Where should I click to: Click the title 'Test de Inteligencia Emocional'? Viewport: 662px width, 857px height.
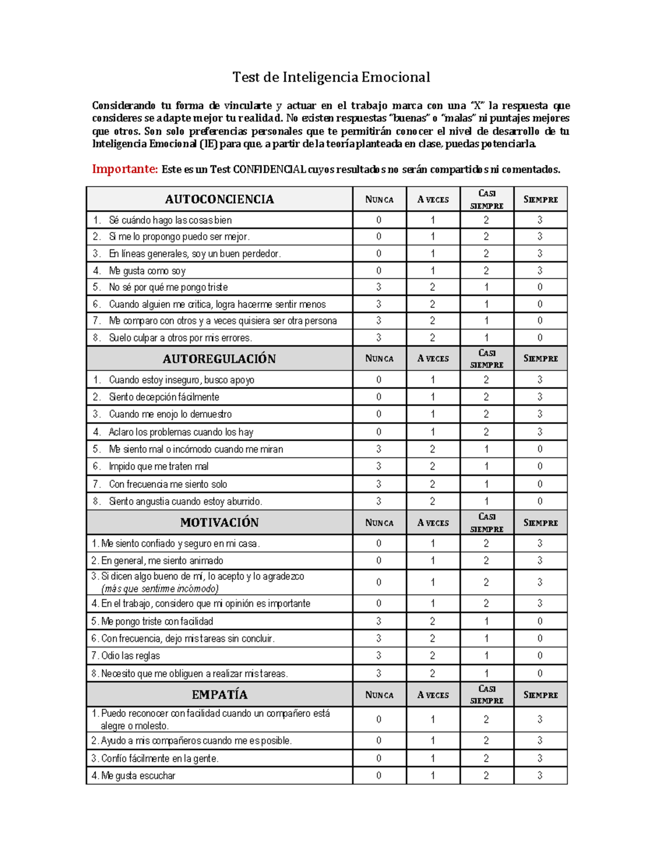(331, 77)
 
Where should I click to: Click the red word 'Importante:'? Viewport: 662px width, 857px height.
(125, 169)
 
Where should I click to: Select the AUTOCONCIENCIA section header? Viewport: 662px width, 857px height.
(219, 199)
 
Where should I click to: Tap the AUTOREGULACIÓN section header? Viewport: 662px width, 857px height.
(219, 359)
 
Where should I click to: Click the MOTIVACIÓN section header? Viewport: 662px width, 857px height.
(219, 523)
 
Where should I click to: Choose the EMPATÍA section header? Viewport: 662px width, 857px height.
(219, 695)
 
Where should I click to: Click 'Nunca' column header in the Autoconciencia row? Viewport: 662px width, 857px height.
(379, 200)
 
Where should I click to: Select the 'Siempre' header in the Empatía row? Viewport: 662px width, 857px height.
(540, 695)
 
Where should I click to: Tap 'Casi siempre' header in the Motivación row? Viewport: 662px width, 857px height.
(487, 523)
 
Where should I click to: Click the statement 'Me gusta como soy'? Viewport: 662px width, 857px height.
(147, 271)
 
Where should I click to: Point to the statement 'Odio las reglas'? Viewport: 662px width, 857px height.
(130, 656)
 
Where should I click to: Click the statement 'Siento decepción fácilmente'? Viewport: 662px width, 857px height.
(164, 397)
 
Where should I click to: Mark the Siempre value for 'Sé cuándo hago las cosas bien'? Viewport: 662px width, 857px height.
(540, 220)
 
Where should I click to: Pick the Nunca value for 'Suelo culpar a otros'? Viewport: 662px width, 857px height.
(379, 338)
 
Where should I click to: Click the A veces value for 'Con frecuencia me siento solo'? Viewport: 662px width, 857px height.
(433, 484)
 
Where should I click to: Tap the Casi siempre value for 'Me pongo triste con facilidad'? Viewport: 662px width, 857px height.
(487, 621)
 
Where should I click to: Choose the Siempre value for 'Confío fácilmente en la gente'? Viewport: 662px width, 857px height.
(540, 758)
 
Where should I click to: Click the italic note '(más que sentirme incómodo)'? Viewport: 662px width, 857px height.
(160, 589)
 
